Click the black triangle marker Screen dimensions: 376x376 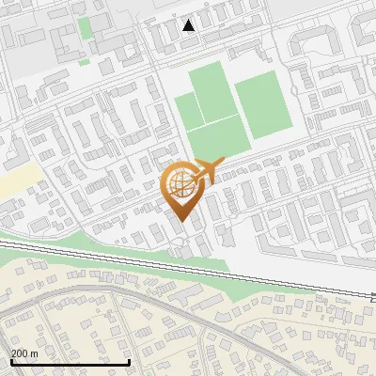point(189,25)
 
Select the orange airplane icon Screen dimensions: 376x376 point(210,170)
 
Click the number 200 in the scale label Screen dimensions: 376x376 point(19,352)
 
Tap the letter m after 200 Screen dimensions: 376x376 point(34,352)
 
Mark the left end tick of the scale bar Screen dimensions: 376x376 point(10,360)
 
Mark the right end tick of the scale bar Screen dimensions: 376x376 point(129,360)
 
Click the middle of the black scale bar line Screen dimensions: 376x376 point(70,363)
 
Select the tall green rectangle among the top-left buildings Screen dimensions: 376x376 point(86,27)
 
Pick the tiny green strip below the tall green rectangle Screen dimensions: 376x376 point(84,61)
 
